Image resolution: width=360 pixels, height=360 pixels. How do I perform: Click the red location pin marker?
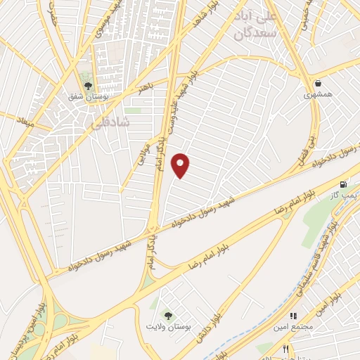pos(181,165)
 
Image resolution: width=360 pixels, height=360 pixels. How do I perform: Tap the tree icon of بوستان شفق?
pos(88,86)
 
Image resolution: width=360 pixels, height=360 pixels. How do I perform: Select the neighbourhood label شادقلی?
pos(111,122)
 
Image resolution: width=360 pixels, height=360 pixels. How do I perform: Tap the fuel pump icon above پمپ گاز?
pos(343,184)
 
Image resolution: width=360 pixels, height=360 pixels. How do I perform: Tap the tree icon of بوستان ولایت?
pos(167,314)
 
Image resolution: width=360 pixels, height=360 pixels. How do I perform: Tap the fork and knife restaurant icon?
pos(285,349)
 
